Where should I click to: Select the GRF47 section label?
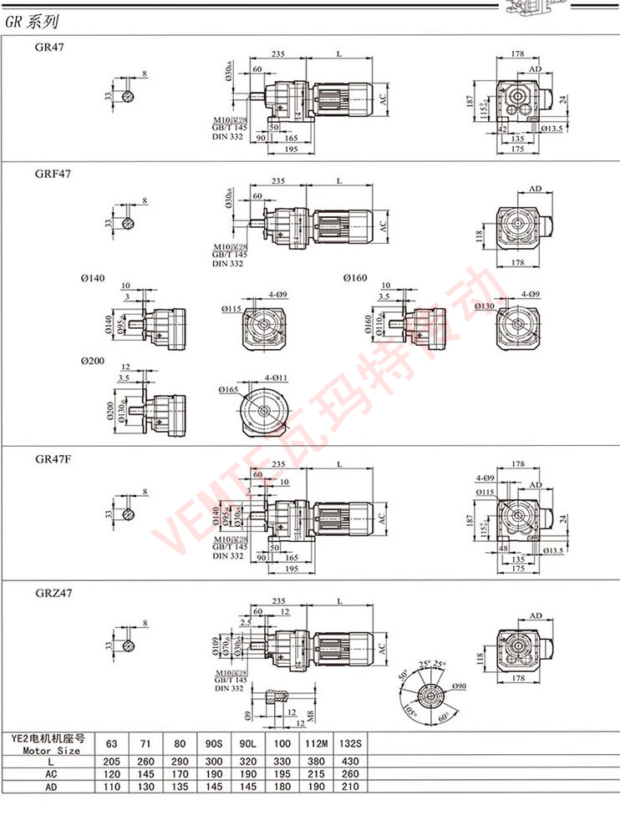52,175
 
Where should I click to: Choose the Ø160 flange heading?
354,277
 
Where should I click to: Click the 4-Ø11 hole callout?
277,378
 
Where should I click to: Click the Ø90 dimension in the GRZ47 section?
460,686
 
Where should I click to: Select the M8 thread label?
309,715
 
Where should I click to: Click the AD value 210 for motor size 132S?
351,786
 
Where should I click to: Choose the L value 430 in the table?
351,762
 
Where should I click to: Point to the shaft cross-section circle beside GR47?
128,98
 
